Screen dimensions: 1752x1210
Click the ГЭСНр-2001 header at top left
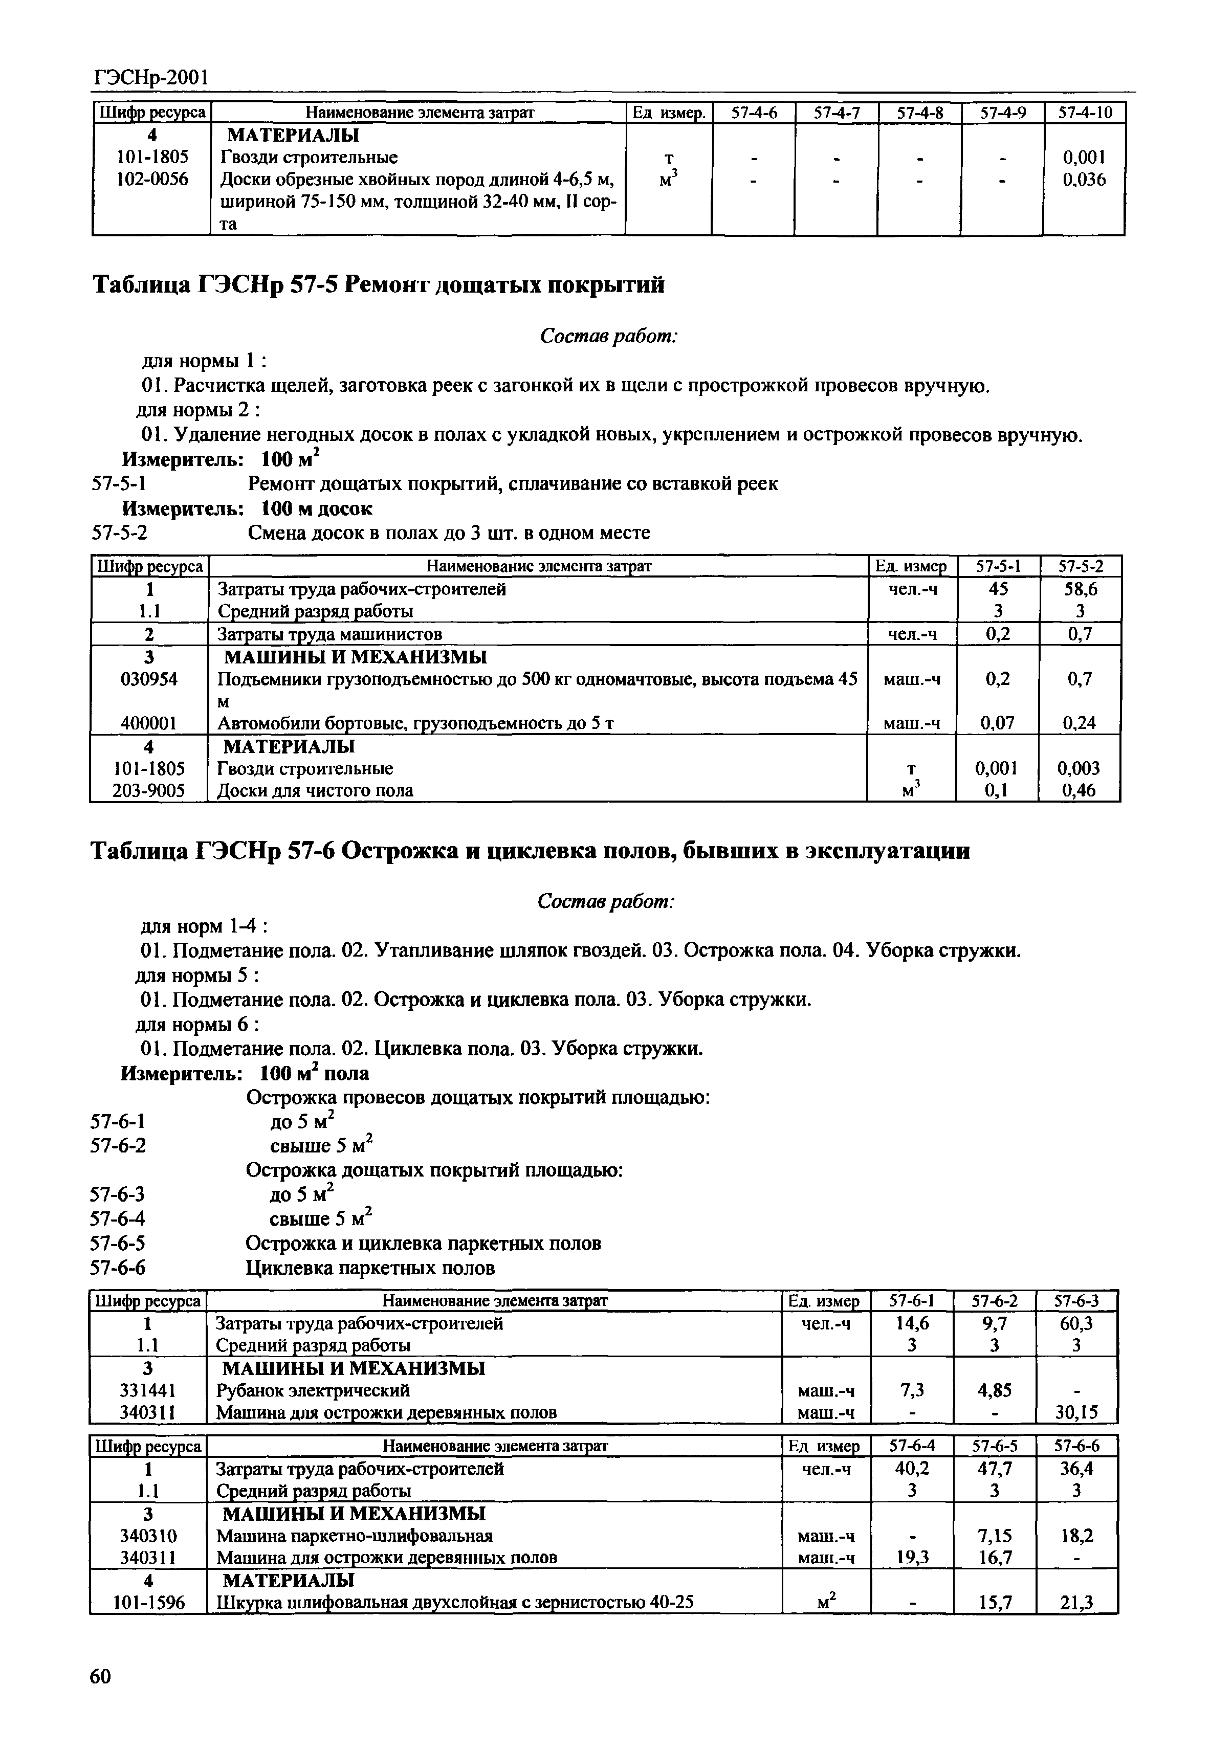click(151, 77)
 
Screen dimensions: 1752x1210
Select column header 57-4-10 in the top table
click(1084, 113)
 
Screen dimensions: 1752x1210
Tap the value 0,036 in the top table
click(1084, 180)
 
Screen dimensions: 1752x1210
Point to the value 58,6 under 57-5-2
click(1080, 589)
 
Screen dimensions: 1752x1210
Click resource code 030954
click(149, 679)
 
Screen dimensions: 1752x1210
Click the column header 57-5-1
click(998, 566)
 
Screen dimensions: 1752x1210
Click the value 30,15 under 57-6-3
click(1076, 1412)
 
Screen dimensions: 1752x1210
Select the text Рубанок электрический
click(313, 1390)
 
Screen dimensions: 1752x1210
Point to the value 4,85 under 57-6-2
click(995, 1390)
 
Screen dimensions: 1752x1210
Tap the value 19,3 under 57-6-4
click(912, 1557)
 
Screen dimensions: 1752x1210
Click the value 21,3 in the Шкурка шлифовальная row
click(1076, 1603)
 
